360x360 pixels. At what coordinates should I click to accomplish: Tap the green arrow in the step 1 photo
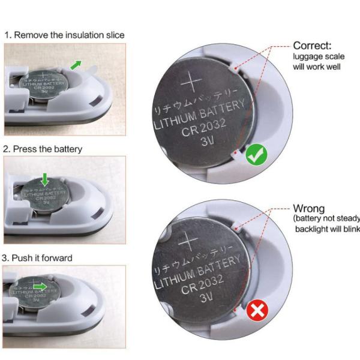coord(76,64)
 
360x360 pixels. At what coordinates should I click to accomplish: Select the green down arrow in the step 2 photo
coord(44,178)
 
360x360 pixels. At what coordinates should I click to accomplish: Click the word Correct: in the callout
coord(312,46)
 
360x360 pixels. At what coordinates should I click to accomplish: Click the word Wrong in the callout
coord(308,209)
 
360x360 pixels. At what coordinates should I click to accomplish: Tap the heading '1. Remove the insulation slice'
coord(64,35)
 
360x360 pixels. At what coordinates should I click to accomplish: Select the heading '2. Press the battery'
coord(43,148)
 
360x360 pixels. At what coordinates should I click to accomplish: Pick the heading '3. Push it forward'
coord(38,258)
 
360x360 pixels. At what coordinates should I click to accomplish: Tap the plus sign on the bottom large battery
coord(188,240)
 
